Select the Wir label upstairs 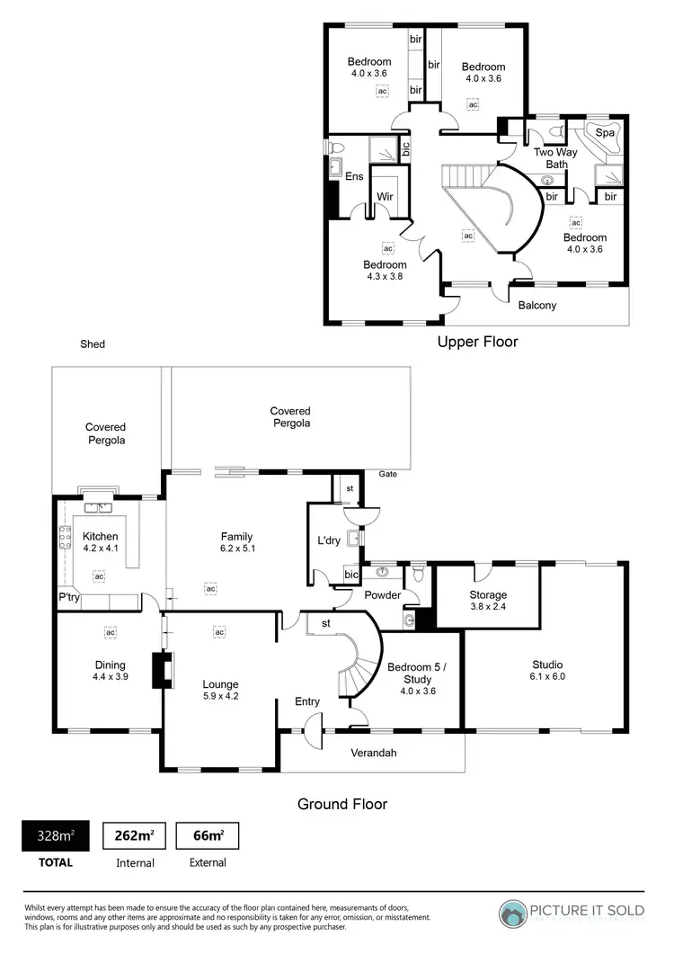[385, 196]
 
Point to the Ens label [354, 176]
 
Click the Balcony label [537, 305]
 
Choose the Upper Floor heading [477, 342]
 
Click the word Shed [93, 343]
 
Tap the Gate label [387, 473]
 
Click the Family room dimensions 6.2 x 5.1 [236, 548]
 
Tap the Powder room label [382, 595]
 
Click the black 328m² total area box [55, 836]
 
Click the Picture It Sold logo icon [513, 914]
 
